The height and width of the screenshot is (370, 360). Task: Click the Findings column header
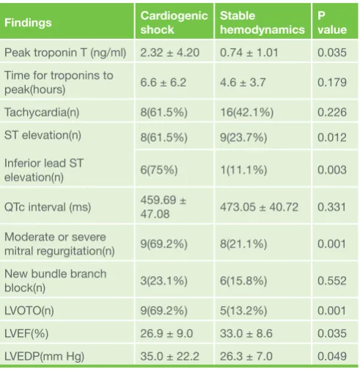28,23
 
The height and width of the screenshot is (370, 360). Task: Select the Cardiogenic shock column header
174,23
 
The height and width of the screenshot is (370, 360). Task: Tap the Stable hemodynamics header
262,23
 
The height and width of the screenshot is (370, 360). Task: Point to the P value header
332,23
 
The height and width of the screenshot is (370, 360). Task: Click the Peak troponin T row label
65,53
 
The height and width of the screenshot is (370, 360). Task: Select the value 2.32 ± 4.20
170,53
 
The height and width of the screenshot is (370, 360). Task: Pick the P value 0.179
332,82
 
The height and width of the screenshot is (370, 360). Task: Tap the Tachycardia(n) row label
42,112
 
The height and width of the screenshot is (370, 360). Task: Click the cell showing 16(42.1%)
246,112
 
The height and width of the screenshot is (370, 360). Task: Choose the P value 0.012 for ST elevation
332,137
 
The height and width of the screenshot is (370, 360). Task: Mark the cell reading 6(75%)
159,170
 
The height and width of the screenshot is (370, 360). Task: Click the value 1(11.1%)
243,170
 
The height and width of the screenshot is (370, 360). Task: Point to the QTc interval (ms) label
48,207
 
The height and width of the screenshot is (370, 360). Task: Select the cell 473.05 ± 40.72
259,207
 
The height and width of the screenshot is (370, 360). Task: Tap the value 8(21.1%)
243,244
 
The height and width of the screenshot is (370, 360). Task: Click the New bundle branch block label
56,281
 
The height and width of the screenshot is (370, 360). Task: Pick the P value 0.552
332,281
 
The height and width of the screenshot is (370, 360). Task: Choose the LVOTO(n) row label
29,311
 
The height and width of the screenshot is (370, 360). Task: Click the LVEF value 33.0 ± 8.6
246,333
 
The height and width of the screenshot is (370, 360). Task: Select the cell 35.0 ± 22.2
170,356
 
